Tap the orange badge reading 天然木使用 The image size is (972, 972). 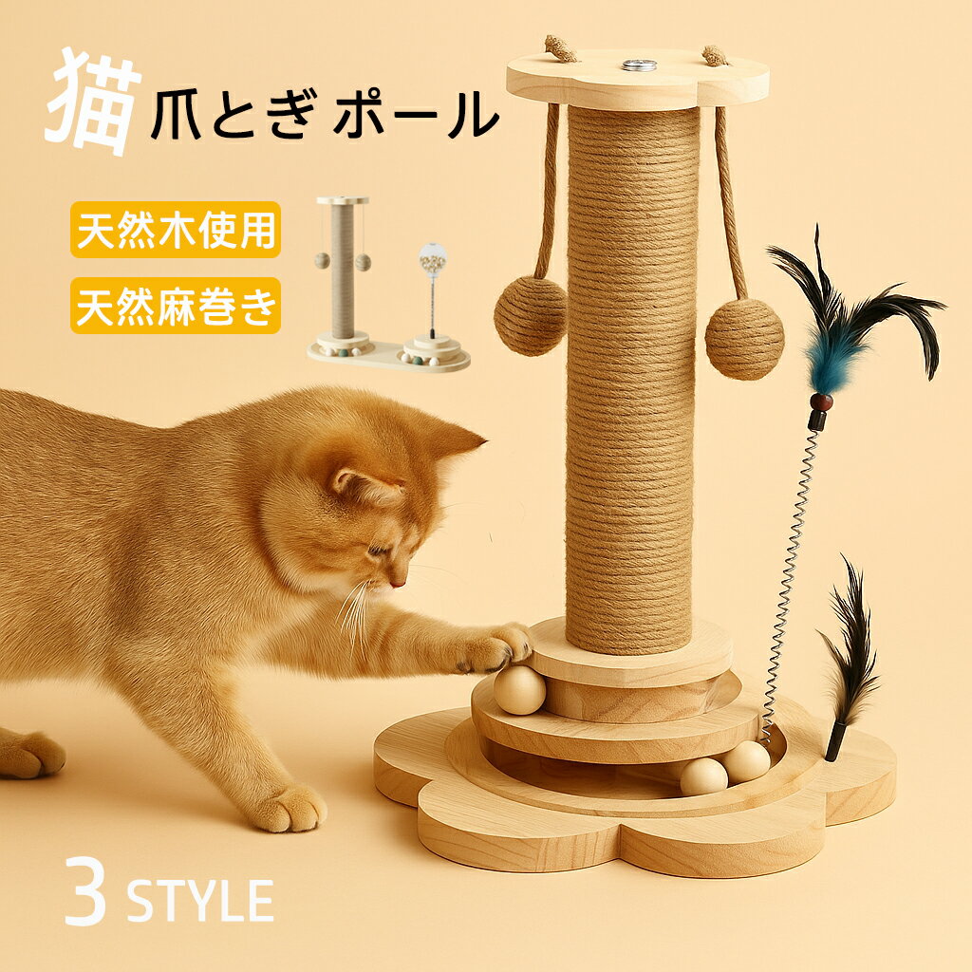pyautogui.click(x=176, y=230)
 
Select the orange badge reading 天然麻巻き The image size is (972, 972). pyautogui.click(x=176, y=306)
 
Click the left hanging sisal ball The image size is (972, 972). pyautogui.click(x=530, y=316)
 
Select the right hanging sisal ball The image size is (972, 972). pyautogui.click(x=744, y=338)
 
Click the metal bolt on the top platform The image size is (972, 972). pyautogui.click(x=638, y=65)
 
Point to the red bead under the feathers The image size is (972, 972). pyautogui.click(x=821, y=402)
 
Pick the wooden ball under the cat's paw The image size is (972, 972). pyautogui.click(x=520, y=689)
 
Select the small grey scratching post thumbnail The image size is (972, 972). pyautogui.click(x=343, y=275)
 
